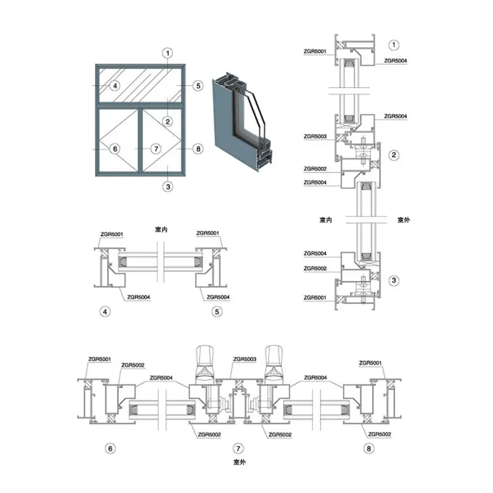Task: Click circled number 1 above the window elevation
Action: (x=168, y=53)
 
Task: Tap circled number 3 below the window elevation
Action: (x=168, y=186)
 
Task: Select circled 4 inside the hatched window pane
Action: (x=115, y=86)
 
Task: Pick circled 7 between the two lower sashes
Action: (x=156, y=149)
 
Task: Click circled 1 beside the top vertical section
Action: (x=396, y=44)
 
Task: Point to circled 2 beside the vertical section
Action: (x=396, y=155)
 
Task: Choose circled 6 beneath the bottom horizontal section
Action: (x=111, y=448)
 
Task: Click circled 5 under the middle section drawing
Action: (x=217, y=312)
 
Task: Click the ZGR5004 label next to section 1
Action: (x=395, y=60)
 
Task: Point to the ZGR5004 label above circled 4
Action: (x=139, y=297)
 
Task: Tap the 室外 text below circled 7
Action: (x=240, y=461)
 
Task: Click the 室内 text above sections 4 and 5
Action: (x=161, y=229)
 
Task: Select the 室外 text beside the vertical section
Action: (x=404, y=219)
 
